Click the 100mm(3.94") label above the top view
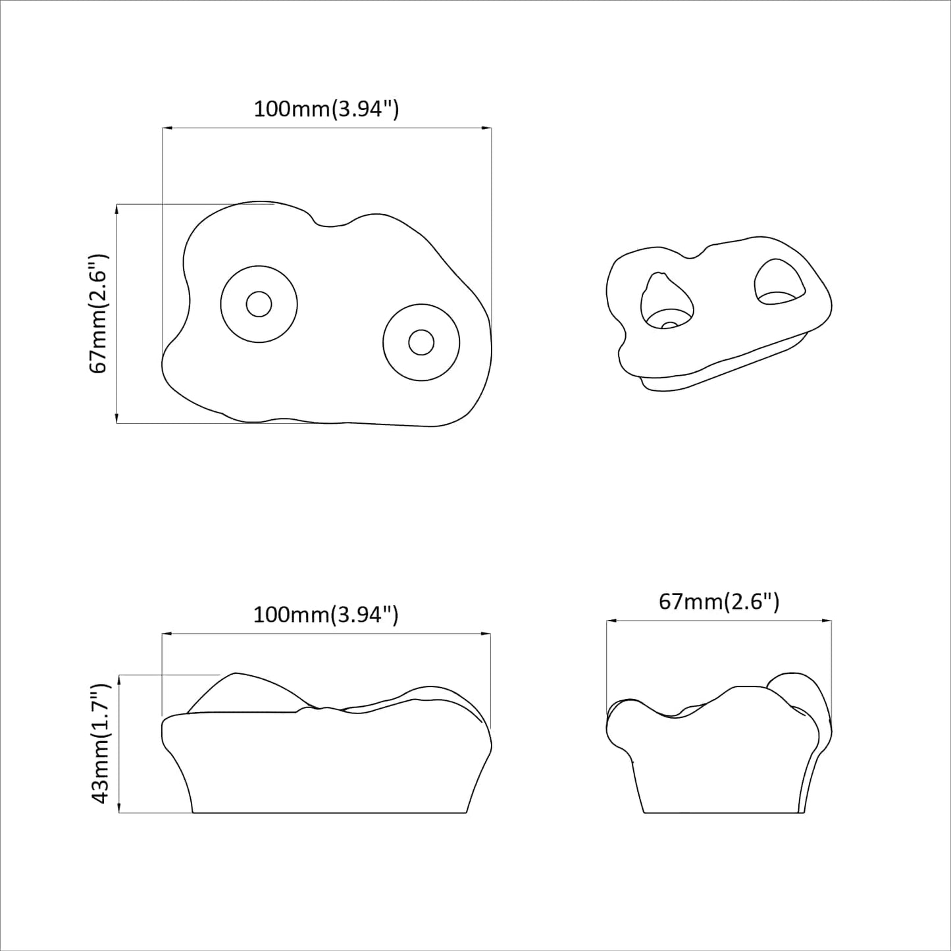click(x=326, y=109)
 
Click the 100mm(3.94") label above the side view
click(x=326, y=615)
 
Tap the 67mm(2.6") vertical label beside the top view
click(x=99, y=313)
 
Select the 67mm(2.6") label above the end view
click(x=719, y=602)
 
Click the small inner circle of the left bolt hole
click(x=259, y=304)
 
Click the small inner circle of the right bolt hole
click(x=421, y=342)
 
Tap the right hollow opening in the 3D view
click(x=780, y=284)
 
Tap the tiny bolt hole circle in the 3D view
click(x=669, y=324)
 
